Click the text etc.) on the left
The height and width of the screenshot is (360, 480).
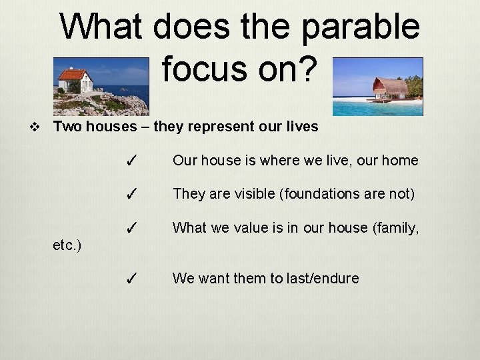67,245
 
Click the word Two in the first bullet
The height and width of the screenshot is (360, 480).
66,126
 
